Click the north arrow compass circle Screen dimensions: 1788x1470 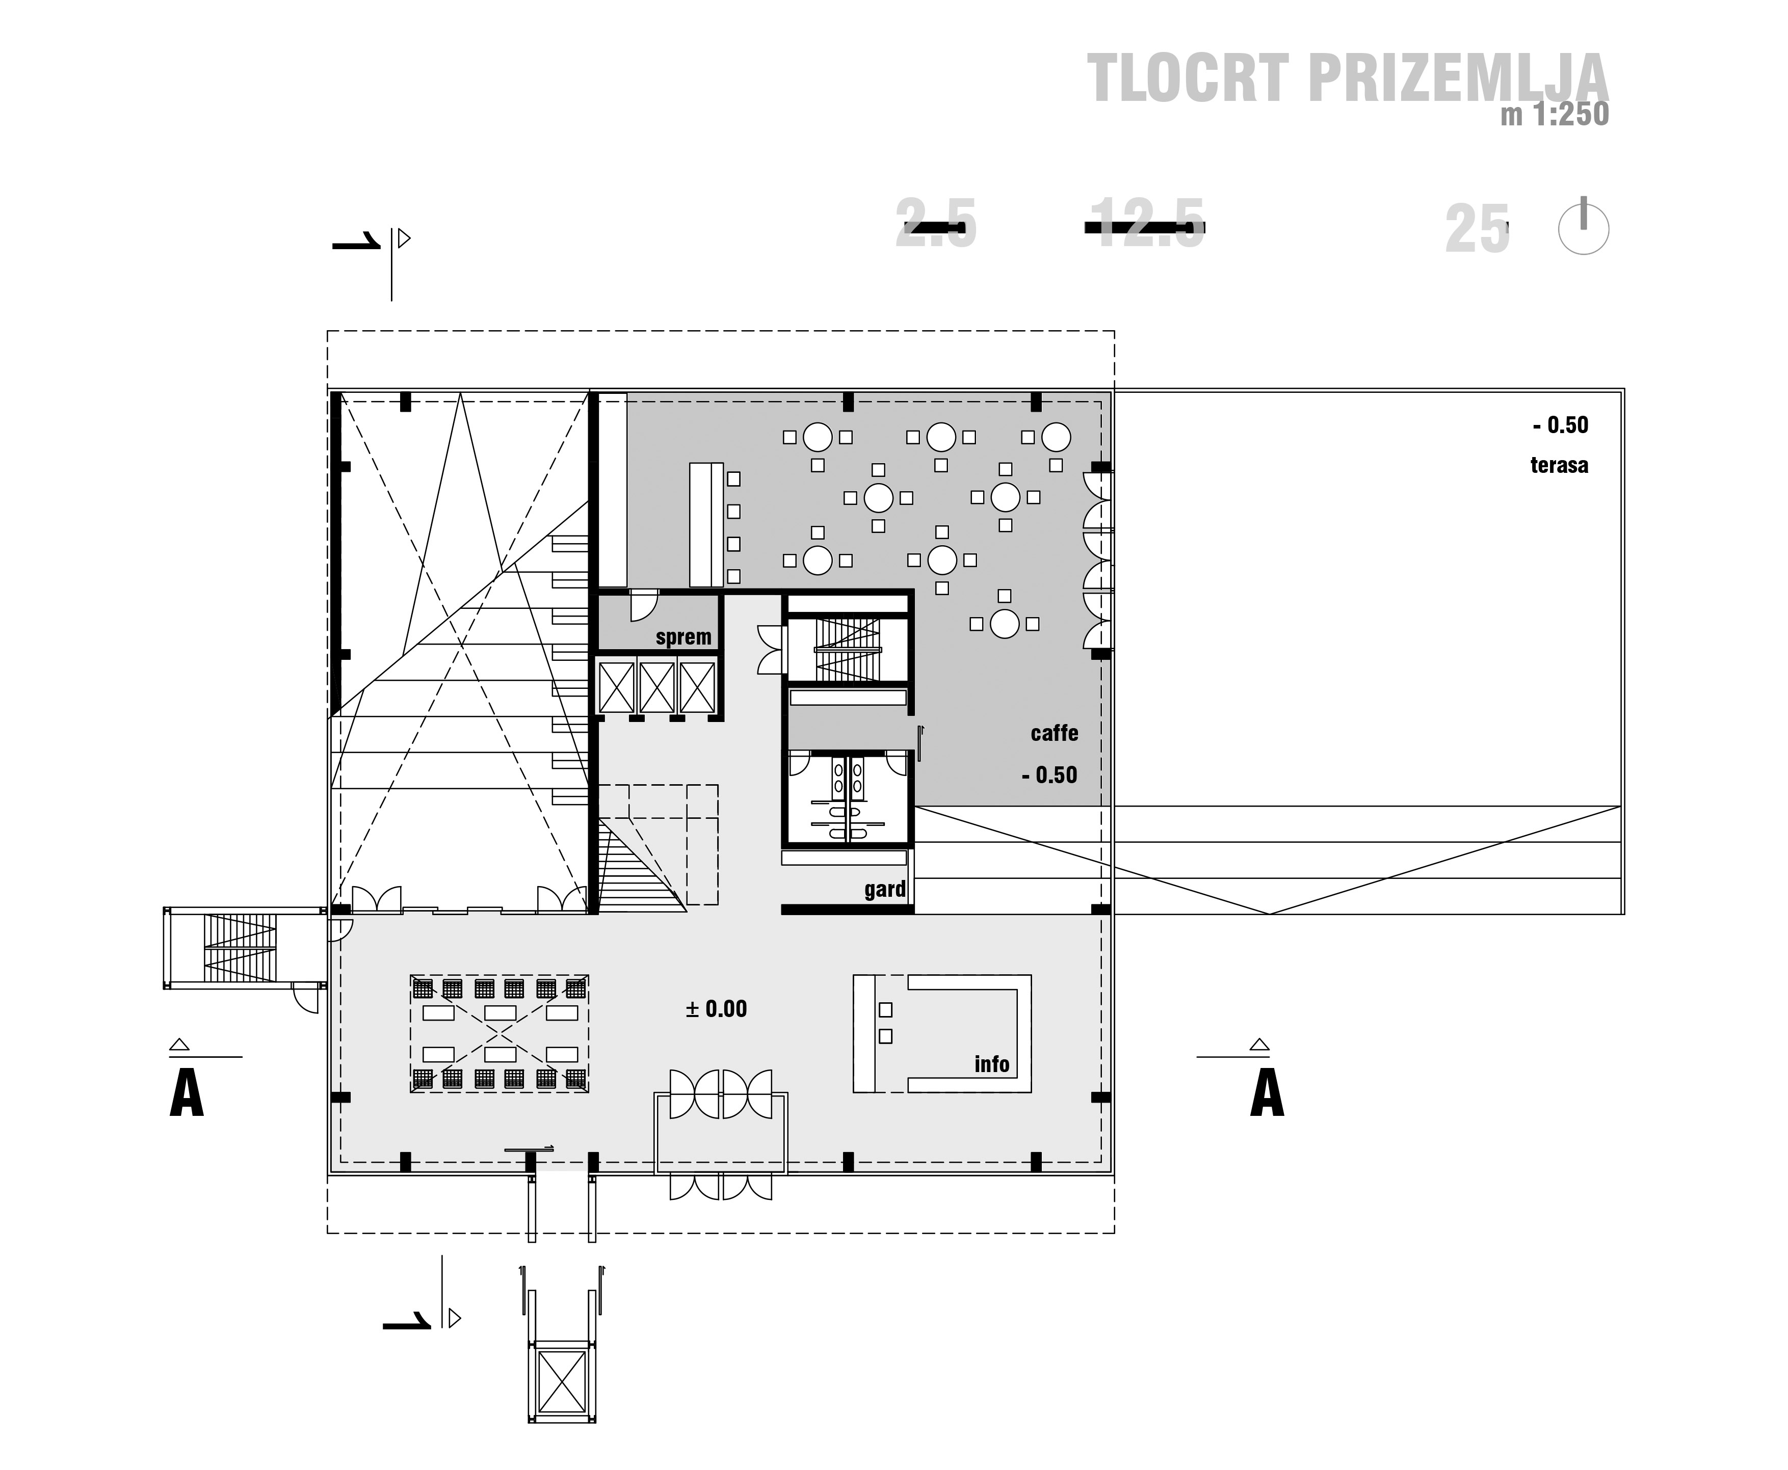pyautogui.click(x=1583, y=229)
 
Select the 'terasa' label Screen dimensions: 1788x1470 pyautogui.click(x=1559, y=465)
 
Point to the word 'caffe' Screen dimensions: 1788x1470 pyautogui.click(x=1055, y=733)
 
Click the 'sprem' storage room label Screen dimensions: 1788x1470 pyautogui.click(x=683, y=637)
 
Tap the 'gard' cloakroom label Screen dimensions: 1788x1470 pyautogui.click(x=885, y=889)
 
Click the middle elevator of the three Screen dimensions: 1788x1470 pyautogui.click(x=656, y=687)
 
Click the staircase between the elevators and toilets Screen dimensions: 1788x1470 pyautogui.click(x=847, y=650)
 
